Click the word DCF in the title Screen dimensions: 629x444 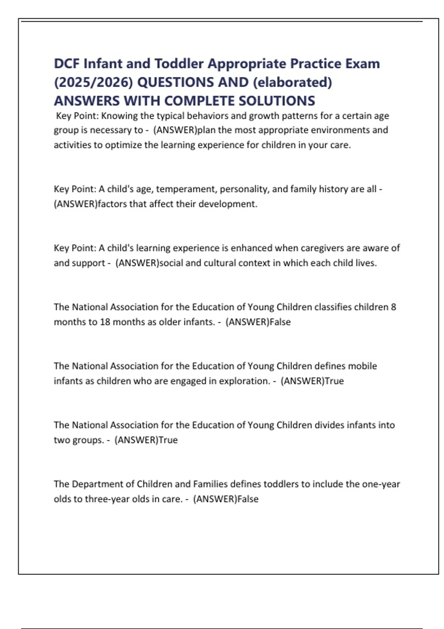[x=67, y=64]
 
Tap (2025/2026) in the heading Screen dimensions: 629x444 [x=93, y=82]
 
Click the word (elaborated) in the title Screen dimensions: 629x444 [x=292, y=82]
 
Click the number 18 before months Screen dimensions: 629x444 [x=105, y=322]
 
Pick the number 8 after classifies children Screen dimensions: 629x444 [x=393, y=307]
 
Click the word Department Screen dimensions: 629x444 [x=97, y=484]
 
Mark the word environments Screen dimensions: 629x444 [x=339, y=130]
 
